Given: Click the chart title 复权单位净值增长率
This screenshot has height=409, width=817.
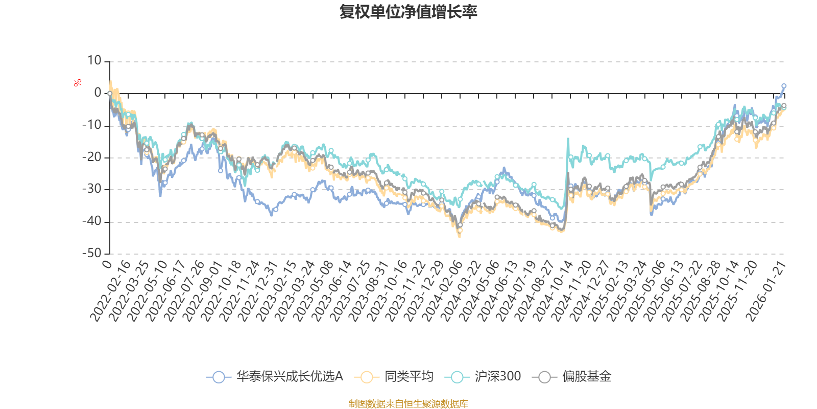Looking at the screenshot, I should pos(408,12).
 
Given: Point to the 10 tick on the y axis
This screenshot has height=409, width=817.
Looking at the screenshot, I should pos(94,61).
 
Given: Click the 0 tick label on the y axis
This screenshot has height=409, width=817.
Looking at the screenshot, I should pos(98,93).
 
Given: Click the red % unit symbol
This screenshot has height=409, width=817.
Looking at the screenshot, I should pos(78,82).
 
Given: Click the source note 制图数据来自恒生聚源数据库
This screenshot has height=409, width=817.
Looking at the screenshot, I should pos(408,404).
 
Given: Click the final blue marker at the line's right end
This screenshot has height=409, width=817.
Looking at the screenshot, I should pos(784,86).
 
